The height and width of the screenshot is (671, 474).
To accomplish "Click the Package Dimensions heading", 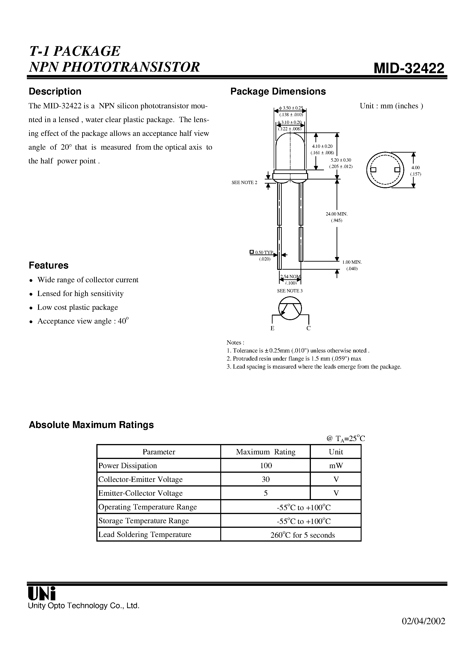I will [x=278, y=92].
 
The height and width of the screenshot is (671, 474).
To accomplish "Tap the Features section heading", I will [x=48, y=265].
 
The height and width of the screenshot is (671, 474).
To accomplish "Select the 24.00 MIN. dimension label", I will [x=336, y=214].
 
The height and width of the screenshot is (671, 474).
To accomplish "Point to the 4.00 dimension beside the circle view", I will [x=415, y=168].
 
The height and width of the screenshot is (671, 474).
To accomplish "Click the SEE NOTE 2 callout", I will [x=244, y=183].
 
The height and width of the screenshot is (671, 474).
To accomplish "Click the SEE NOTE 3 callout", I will [x=290, y=291].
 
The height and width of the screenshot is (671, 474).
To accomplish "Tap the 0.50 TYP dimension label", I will [x=264, y=252].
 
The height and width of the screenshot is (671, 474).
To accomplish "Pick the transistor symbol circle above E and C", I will [x=290, y=309].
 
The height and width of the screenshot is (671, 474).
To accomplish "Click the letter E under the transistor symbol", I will [x=272, y=328].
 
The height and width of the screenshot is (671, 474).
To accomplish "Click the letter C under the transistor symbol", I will [x=308, y=328].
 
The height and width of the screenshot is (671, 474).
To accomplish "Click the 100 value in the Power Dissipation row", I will [x=266, y=466].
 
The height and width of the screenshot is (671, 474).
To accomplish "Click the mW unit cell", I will [x=336, y=466].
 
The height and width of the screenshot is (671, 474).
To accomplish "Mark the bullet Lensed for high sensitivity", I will [x=80, y=294].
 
